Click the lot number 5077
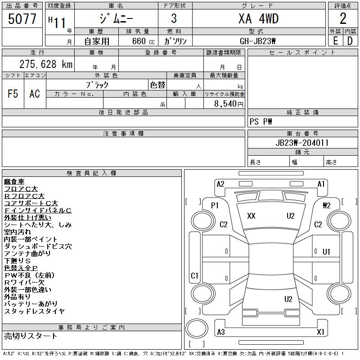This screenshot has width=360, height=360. click(22, 19)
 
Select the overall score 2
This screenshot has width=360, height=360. click(343, 18)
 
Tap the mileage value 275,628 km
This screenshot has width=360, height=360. click(46, 64)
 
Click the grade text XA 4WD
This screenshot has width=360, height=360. click(258, 19)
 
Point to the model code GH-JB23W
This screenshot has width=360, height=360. click(257, 41)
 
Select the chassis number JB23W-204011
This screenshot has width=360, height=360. click(302, 143)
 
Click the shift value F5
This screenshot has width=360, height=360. click(13, 94)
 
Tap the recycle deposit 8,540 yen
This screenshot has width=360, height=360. click(229, 104)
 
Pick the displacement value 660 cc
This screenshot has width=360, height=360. click(143, 41)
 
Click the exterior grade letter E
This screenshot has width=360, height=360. click(335, 41)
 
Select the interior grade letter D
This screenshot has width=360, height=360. click(350, 41)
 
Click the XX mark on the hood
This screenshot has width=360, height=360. click(251, 216)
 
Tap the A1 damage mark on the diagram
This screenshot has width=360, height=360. click(321, 184)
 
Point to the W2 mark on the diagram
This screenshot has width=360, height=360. click(327, 206)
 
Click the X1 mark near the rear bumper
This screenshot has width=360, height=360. click(320, 332)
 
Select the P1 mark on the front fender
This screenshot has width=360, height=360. click(215, 206)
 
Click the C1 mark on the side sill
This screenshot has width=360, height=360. click(194, 275)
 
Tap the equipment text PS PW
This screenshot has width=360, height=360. click(261, 121)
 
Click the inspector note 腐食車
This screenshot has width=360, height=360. click(14, 182)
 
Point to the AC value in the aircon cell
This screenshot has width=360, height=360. click(35, 94)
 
